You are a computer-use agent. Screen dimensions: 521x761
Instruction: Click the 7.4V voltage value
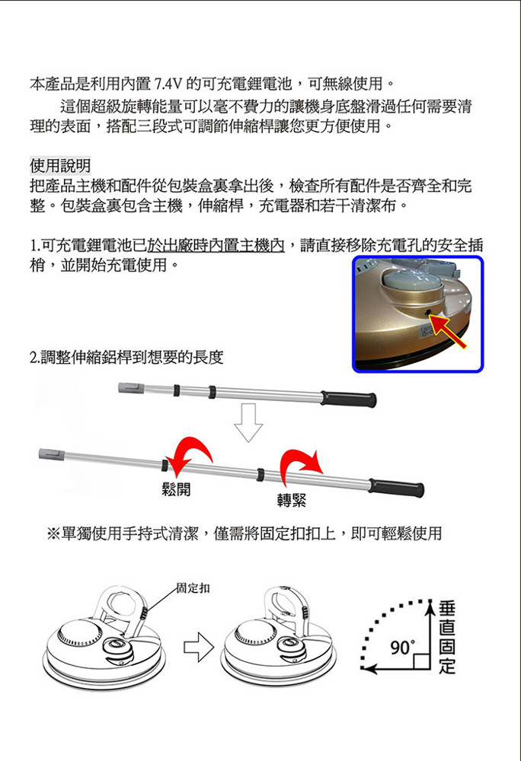point(168,84)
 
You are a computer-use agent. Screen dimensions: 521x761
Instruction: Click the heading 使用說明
point(60,165)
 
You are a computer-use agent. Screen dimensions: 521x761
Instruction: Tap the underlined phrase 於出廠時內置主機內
point(216,245)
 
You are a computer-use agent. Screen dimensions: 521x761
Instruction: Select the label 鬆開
point(176,489)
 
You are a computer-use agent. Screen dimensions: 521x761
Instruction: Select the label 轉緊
point(292,501)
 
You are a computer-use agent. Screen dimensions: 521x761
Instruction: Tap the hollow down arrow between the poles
point(248,422)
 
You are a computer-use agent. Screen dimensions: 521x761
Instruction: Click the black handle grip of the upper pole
point(348,399)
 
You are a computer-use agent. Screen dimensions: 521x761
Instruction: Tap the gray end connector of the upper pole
point(131,388)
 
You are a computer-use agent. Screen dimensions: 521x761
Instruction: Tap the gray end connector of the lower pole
point(52,454)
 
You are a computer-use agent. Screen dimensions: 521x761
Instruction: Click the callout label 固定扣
point(193,588)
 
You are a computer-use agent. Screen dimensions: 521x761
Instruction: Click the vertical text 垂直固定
point(447,637)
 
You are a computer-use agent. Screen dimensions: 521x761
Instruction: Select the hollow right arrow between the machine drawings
point(199,647)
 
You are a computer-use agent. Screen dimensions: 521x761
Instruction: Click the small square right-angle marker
point(422,661)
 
